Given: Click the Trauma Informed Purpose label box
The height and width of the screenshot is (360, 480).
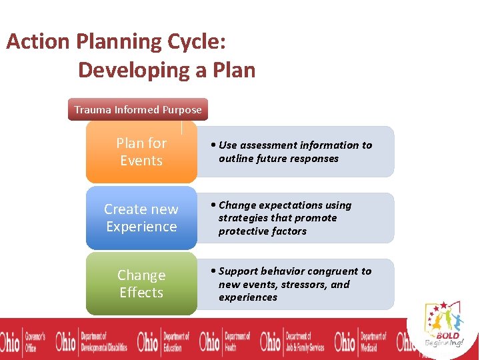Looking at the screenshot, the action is pyautogui.click(x=138, y=110).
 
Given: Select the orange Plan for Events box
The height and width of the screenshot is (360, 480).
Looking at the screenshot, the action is pyautogui.click(x=141, y=152).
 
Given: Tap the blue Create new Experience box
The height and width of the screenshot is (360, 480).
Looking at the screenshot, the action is pyautogui.click(x=141, y=218).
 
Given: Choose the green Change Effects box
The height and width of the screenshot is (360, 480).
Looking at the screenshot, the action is pyautogui.click(x=141, y=284).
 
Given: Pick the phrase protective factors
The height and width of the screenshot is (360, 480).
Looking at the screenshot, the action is pyautogui.click(x=263, y=231).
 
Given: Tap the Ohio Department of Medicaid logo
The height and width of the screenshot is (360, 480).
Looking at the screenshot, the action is pyautogui.click(x=360, y=340).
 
